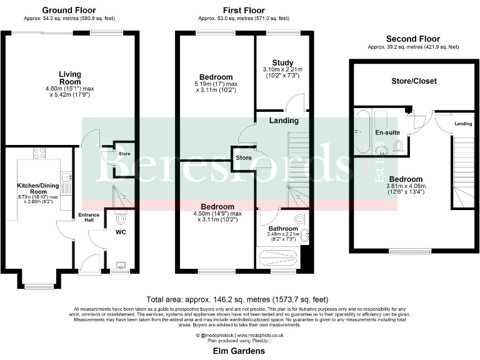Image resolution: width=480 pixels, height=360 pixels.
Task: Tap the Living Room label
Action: coord(69,77)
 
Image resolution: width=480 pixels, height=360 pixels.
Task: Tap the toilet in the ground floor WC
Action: coord(121,220)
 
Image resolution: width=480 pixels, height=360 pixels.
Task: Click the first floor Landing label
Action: coord(284,121)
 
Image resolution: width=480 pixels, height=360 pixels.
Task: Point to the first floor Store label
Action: coord(243,158)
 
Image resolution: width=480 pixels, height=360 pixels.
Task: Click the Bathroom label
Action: coord(282,229)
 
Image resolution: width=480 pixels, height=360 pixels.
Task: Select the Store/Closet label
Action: coord(414,81)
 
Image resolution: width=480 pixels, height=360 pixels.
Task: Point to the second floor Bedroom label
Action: coord(407,179)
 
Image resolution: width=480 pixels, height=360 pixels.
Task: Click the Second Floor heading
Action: coord(412,39)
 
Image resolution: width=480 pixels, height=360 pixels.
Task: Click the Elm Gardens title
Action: coord(240,351)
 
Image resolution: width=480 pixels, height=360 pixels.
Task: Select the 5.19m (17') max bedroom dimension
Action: coord(216,84)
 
